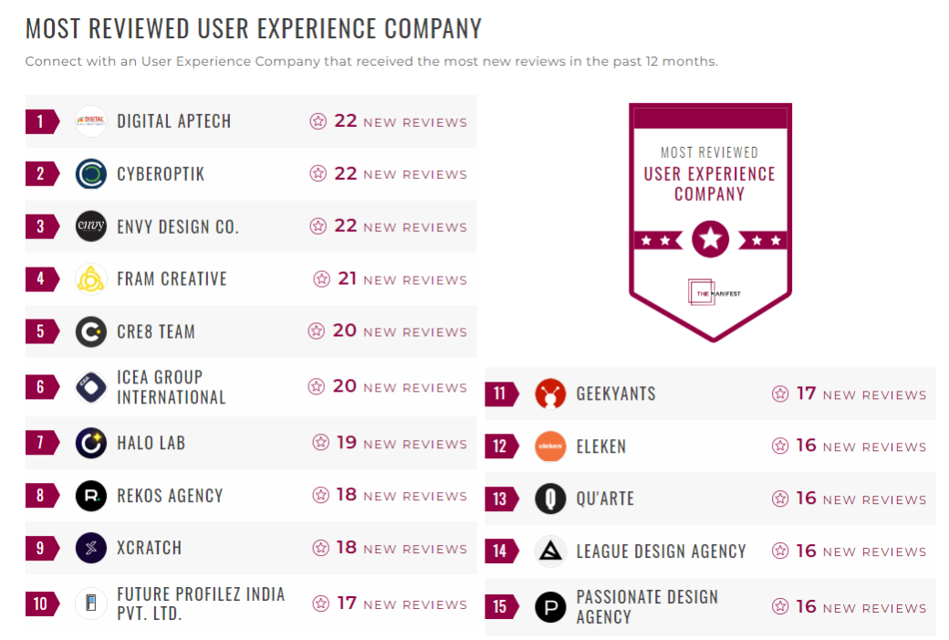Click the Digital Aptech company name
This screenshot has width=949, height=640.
pyautogui.click(x=173, y=121)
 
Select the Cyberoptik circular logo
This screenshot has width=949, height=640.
pyautogui.click(x=91, y=173)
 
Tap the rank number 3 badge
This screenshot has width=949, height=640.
pyautogui.click(x=40, y=226)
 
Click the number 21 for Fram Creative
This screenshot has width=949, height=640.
pyautogui.click(x=347, y=278)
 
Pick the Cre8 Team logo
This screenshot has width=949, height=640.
pyautogui.click(x=91, y=331)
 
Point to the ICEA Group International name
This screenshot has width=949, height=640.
pyautogui.click(x=171, y=387)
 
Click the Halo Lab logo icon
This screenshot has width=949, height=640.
pyautogui.click(x=91, y=443)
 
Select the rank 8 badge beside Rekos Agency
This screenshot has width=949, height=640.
pyautogui.click(x=40, y=496)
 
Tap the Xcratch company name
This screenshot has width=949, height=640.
pyautogui.click(x=149, y=548)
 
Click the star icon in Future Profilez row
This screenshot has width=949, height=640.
pyautogui.click(x=321, y=603)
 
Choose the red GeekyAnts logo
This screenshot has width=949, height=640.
pyautogui.click(x=550, y=393)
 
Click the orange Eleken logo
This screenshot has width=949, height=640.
pyautogui.click(x=550, y=446)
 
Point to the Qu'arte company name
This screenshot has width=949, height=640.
pyautogui.click(x=605, y=498)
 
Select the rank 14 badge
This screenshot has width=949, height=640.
pyautogui.click(x=500, y=551)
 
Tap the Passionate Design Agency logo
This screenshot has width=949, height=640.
pyautogui.click(x=550, y=607)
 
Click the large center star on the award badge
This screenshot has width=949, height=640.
pyautogui.click(x=710, y=240)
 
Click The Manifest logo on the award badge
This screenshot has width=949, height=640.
pyautogui.click(x=710, y=292)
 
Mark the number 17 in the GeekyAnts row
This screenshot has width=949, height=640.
pyautogui.click(x=806, y=393)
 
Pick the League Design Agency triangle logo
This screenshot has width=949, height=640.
pyautogui.click(x=550, y=551)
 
